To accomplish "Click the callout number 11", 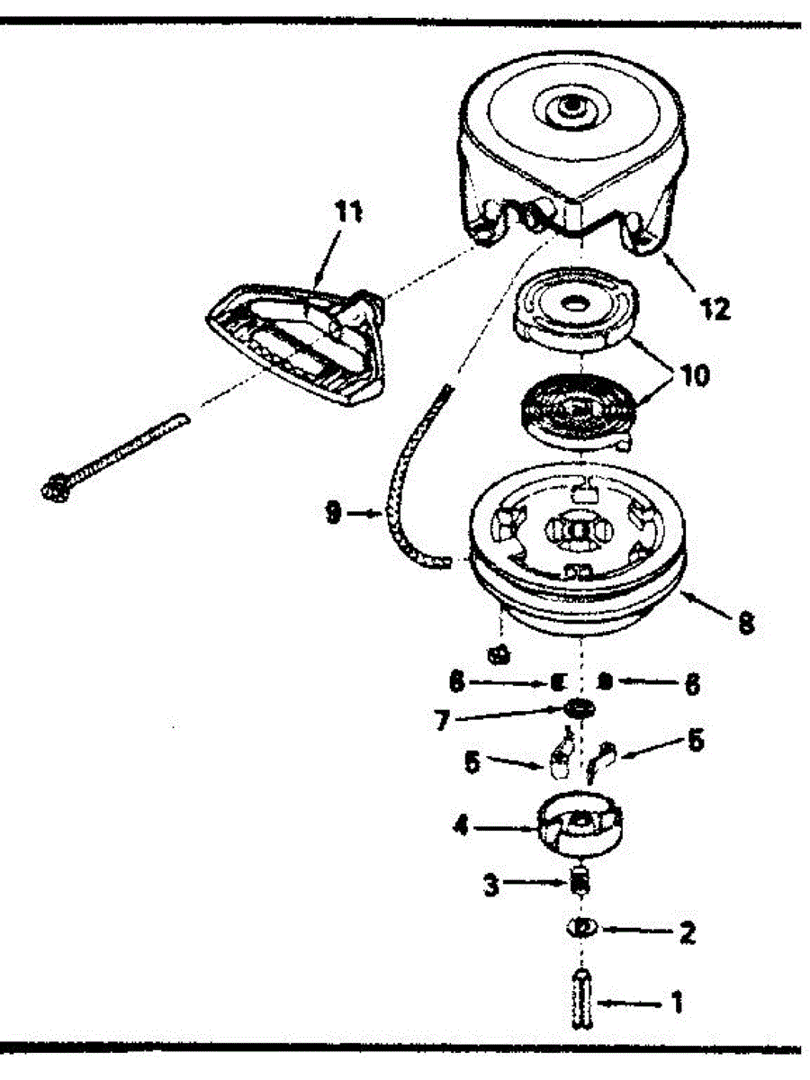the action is pyautogui.click(x=349, y=212).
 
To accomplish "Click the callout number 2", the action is pyautogui.click(x=687, y=931).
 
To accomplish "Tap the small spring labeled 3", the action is pyautogui.click(x=581, y=879).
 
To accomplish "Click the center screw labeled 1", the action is pyautogui.click(x=581, y=999).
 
